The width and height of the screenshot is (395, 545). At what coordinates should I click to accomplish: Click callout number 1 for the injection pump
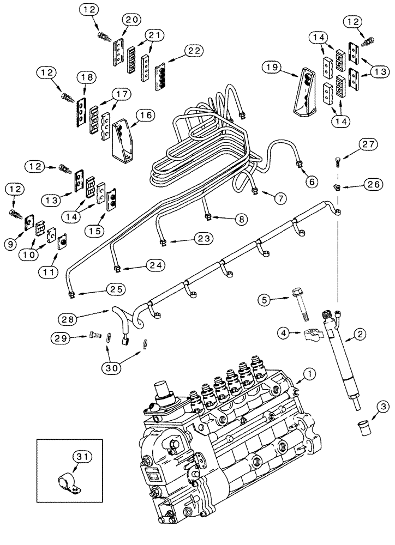[x=310, y=374]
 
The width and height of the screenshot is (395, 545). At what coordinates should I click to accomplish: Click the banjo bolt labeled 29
[x=92, y=337]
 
